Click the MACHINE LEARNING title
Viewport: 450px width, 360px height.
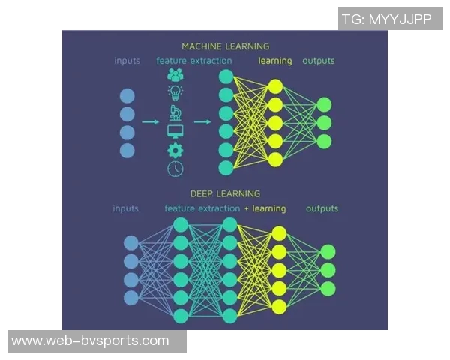[x=225, y=46]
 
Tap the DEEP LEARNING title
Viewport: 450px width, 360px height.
[x=225, y=193]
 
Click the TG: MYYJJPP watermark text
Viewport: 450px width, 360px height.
[x=386, y=19]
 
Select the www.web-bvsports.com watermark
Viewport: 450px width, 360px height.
[x=91, y=340]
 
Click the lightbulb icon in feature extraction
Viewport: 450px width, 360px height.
[x=175, y=93]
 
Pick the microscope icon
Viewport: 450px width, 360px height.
[x=175, y=112]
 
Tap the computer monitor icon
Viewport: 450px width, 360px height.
[x=175, y=132]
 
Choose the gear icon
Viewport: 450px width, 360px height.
[x=175, y=151]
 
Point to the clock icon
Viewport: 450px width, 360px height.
[x=175, y=169]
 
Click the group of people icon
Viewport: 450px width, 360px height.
[x=175, y=75]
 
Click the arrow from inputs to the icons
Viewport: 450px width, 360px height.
[x=150, y=121]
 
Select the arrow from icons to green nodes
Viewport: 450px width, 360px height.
[x=201, y=121]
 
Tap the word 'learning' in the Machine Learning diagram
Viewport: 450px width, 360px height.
[x=274, y=61]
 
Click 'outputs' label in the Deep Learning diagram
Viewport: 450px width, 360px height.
[x=322, y=208]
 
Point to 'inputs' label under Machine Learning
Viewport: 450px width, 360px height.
[x=127, y=61]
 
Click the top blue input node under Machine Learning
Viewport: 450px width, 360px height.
[x=127, y=95]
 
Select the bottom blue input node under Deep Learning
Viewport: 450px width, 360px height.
[x=131, y=297]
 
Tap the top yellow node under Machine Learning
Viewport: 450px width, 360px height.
[x=275, y=86]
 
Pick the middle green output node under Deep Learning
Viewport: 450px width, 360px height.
[x=328, y=270]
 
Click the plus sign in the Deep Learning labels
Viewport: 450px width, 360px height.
[x=247, y=208]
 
